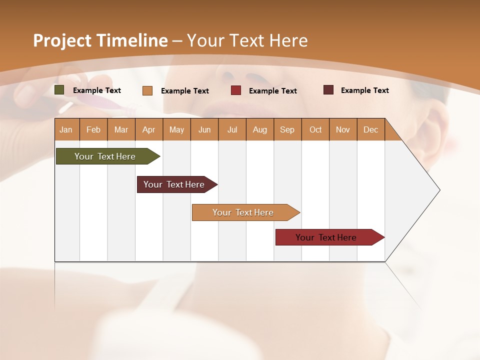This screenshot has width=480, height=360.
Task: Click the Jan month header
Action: [x=66, y=129]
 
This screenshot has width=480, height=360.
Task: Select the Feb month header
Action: [x=93, y=129]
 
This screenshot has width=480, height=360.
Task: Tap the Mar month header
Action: [x=121, y=129]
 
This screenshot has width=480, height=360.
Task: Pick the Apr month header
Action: [x=148, y=129]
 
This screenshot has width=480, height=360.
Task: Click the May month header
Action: [x=176, y=129]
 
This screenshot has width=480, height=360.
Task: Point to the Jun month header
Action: [x=204, y=129]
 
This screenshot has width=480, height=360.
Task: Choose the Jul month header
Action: [x=232, y=129]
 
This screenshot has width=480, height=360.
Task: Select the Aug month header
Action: [x=260, y=129]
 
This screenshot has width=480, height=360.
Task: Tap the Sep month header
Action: [x=287, y=129]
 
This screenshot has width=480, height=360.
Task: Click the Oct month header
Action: [x=315, y=129]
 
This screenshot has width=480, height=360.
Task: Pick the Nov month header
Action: [x=343, y=129]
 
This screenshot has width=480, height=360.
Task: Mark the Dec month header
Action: [x=370, y=129]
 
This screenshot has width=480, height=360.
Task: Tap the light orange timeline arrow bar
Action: [x=243, y=212]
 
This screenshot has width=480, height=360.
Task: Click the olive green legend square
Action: [x=59, y=90]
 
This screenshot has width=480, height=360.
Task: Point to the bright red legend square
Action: [x=236, y=90]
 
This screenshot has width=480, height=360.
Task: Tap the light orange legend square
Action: [x=147, y=90]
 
